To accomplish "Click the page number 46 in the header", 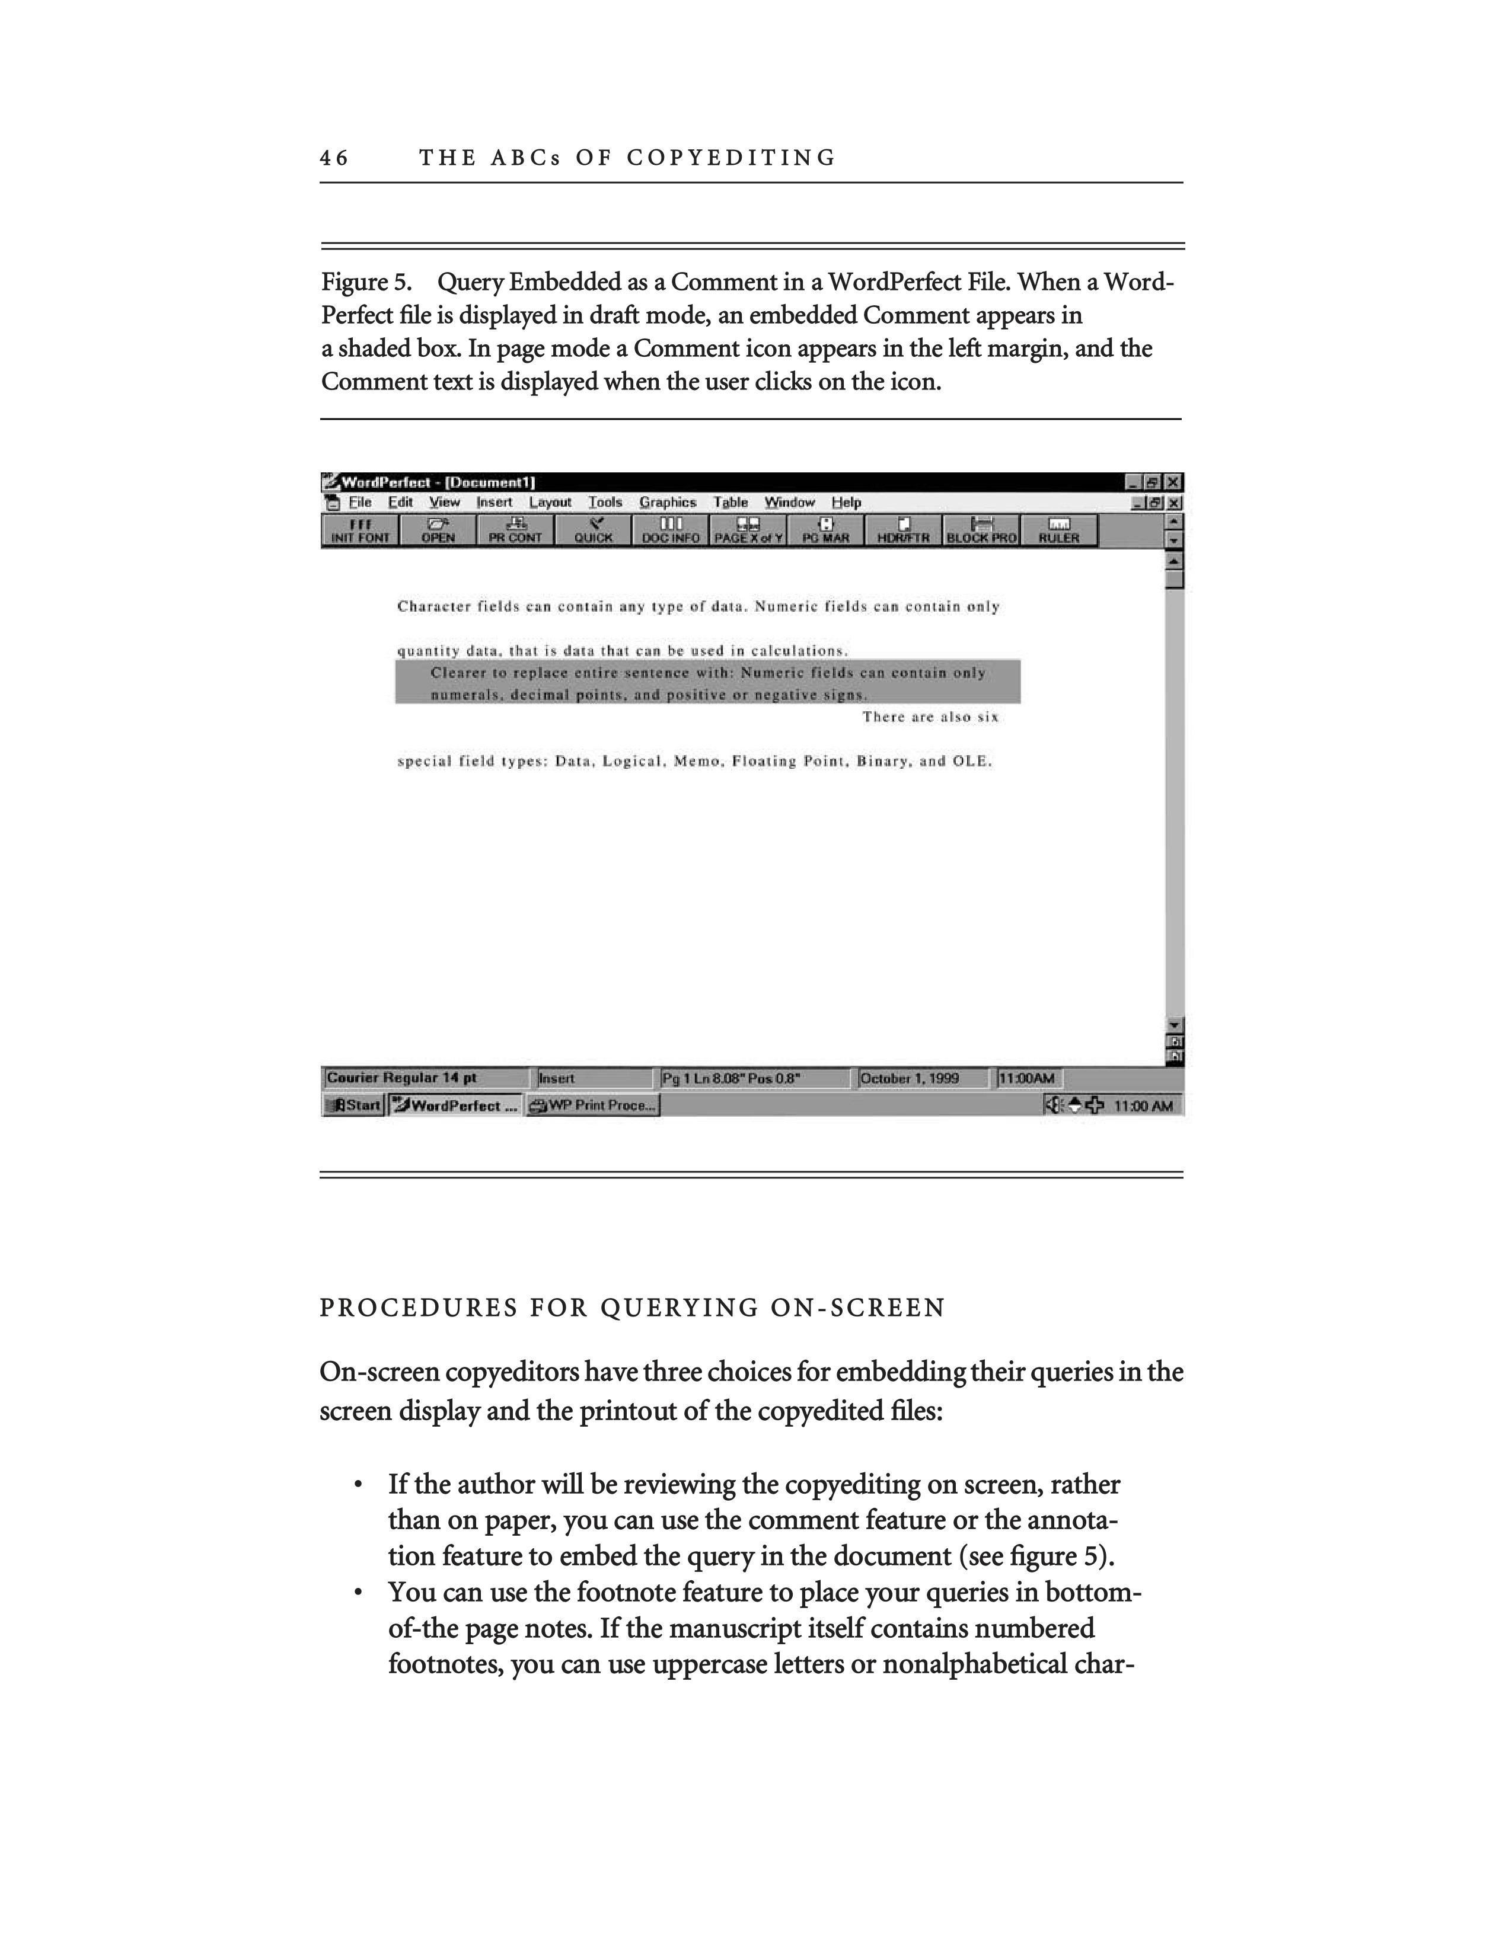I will pyautogui.click(x=333, y=158).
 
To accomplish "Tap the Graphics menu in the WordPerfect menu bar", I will pyautogui.click(x=667, y=503).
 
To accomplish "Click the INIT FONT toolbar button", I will pyautogui.click(x=360, y=531).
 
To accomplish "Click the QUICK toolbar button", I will pyautogui.click(x=593, y=531).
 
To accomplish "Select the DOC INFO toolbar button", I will pyautogui.click(x=671, y=531).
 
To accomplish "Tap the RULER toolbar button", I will pyautogui.click(x=1059, y=531).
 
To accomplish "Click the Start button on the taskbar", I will pyautogui.click(x=355, y=1105).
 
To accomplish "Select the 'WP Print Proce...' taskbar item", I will pyautogui.click(x=593, y=1105).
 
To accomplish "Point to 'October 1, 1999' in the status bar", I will pyautogui.click(x=909, y=1078).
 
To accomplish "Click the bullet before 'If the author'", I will pyautogui.click(x=358, y=1486).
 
